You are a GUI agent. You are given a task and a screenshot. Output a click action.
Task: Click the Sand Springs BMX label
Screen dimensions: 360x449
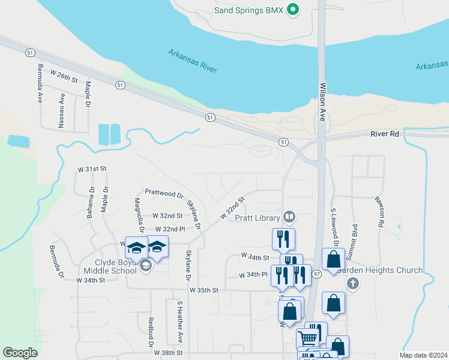(x=249, y=10)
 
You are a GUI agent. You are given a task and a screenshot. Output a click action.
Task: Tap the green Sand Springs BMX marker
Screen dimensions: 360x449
(x=293, y=10)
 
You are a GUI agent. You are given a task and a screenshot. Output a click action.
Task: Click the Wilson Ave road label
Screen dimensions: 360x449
(x=322, y=102)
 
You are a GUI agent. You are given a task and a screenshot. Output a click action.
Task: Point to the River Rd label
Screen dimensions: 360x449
(x=385, y=134)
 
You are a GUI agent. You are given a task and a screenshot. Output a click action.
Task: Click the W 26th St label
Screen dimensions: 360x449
(x=64, y=76)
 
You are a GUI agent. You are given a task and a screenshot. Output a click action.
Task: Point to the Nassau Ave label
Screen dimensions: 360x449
(x=62, y=107)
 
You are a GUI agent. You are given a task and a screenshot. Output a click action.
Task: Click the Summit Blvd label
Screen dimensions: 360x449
(x=355, y=239)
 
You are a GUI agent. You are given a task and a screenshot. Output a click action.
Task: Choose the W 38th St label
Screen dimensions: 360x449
(x=167, y=353)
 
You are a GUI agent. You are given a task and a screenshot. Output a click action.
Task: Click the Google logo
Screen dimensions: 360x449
(x=20, y=352)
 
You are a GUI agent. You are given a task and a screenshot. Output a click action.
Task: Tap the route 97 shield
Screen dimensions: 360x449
(x=318, y=274)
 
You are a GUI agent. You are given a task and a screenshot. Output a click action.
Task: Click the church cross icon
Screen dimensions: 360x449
(x=353, y=283)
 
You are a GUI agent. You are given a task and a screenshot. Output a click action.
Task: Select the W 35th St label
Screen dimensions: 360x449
(x=204, y=290)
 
